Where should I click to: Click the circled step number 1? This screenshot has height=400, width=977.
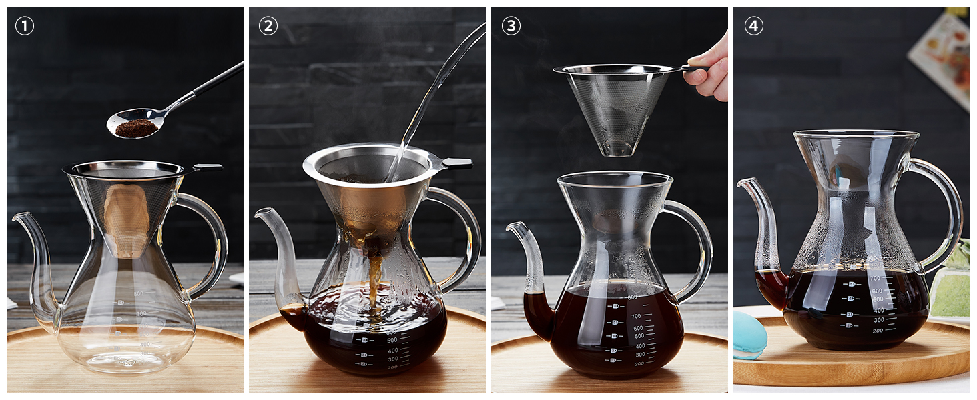pos(25,26)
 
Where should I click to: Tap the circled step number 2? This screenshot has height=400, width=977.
pos(268,26)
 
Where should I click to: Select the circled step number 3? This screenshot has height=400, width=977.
pos(511,26)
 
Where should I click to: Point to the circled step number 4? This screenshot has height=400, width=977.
pos(753,26)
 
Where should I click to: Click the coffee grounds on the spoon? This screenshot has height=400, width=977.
pos(135,129)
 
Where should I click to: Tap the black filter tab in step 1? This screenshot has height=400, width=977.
pos(207,167)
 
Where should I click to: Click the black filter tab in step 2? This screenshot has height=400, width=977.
pos(457,163)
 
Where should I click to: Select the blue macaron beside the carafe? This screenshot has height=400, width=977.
pos(749,335)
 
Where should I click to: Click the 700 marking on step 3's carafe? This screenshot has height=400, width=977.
pos(636,317)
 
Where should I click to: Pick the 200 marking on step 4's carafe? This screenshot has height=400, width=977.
pos(878,330)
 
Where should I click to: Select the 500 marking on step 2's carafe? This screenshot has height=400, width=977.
pos(392,340)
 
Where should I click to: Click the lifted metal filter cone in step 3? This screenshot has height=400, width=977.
pos(617,107)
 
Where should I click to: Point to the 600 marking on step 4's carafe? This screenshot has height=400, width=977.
pos(877,291)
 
